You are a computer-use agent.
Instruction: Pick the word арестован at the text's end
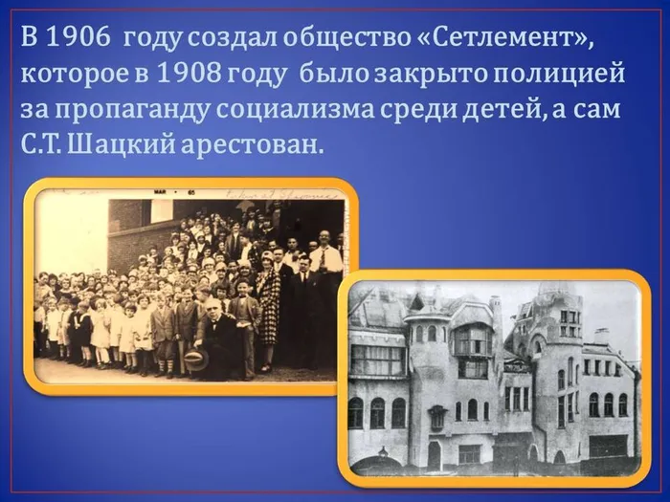click(265, 143)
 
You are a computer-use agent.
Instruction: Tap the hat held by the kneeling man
click(195, 360)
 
